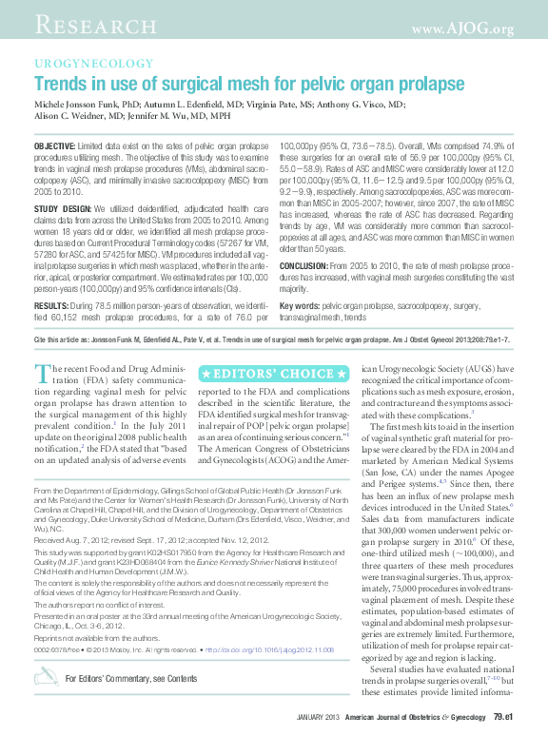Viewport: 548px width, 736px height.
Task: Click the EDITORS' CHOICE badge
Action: (273, 373)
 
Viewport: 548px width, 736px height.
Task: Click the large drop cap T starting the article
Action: (42, 374)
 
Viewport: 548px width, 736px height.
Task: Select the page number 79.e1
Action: (502, 714)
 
